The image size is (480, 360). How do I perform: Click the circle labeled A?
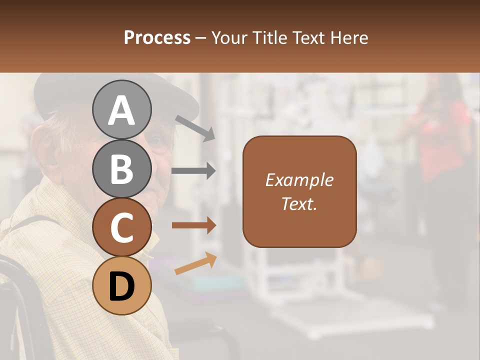coord(121,109)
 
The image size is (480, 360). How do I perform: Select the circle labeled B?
coord(121,168)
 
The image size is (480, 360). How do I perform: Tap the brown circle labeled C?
coord(121,227)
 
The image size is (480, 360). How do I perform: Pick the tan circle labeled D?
coord(121,286)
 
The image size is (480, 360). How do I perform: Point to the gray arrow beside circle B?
coord(193,171)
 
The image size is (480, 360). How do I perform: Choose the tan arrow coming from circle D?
coord(195,263)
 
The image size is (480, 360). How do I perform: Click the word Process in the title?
coord(157,38)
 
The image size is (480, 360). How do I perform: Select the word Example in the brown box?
coord(299,180)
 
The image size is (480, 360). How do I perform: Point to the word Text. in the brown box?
coord(299,203)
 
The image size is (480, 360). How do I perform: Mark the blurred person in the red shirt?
coord(440,140)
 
